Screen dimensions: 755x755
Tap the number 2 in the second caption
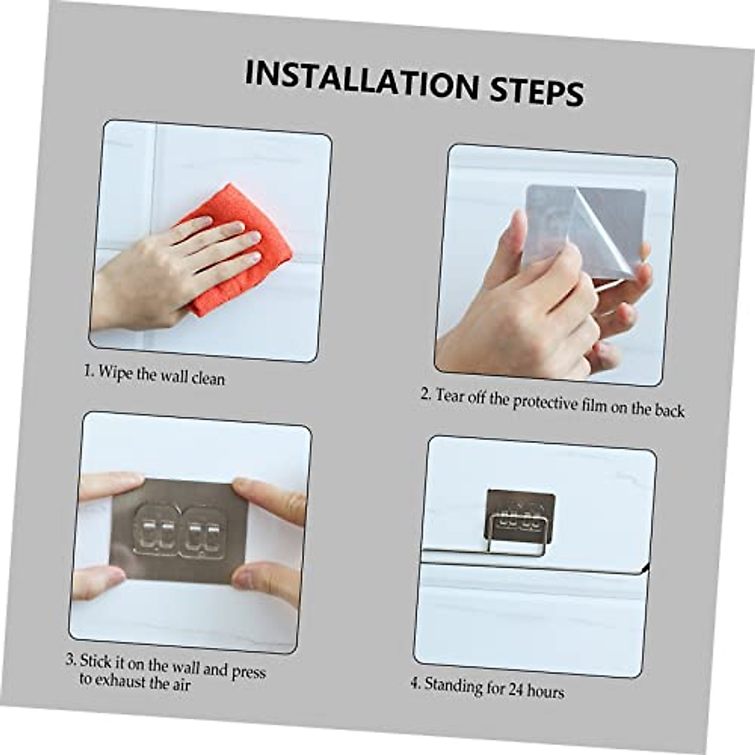coord(425,394)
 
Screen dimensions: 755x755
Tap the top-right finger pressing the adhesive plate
coord(267,497)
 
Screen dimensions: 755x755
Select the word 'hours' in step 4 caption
coord(545,691)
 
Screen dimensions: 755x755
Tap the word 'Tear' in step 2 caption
coord(450,396)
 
